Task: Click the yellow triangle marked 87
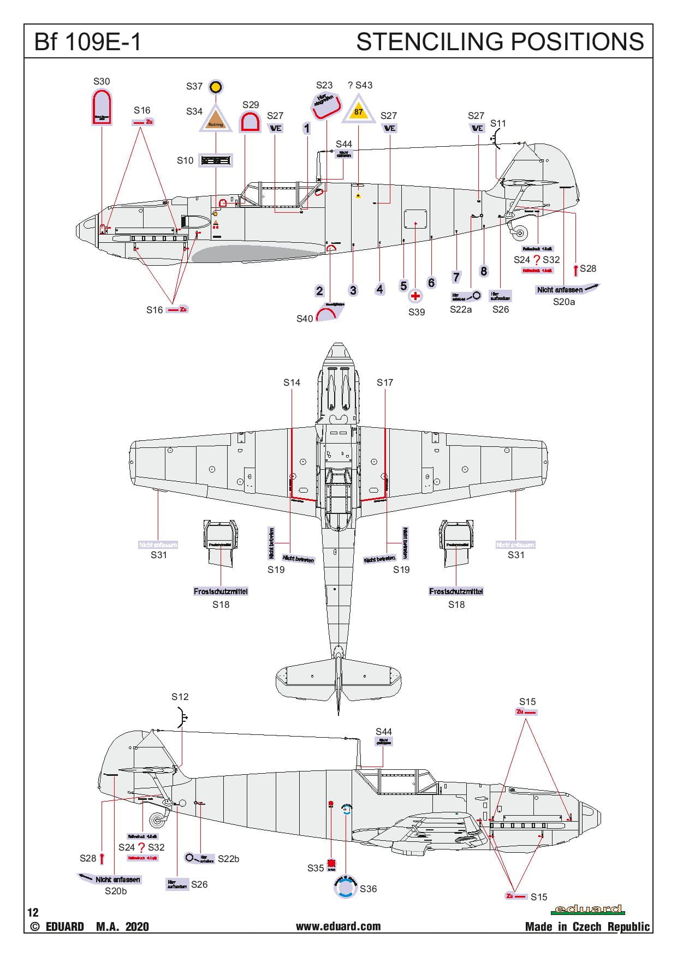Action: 358,111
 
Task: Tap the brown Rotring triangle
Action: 216,119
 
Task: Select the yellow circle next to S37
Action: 216,86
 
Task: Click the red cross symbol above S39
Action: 415,296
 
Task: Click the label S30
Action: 102,81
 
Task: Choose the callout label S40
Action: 305,318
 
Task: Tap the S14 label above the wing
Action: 292,382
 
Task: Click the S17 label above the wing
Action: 385,382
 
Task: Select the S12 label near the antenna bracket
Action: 180,697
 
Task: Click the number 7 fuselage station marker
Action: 456,277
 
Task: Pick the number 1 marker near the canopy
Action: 307,129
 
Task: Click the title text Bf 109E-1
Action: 87,42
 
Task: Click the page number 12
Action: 33,912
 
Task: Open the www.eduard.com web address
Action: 338,926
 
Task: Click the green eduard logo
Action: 589,909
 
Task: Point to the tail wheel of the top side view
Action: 520,233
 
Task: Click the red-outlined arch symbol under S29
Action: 250,122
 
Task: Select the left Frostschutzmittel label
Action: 221,591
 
